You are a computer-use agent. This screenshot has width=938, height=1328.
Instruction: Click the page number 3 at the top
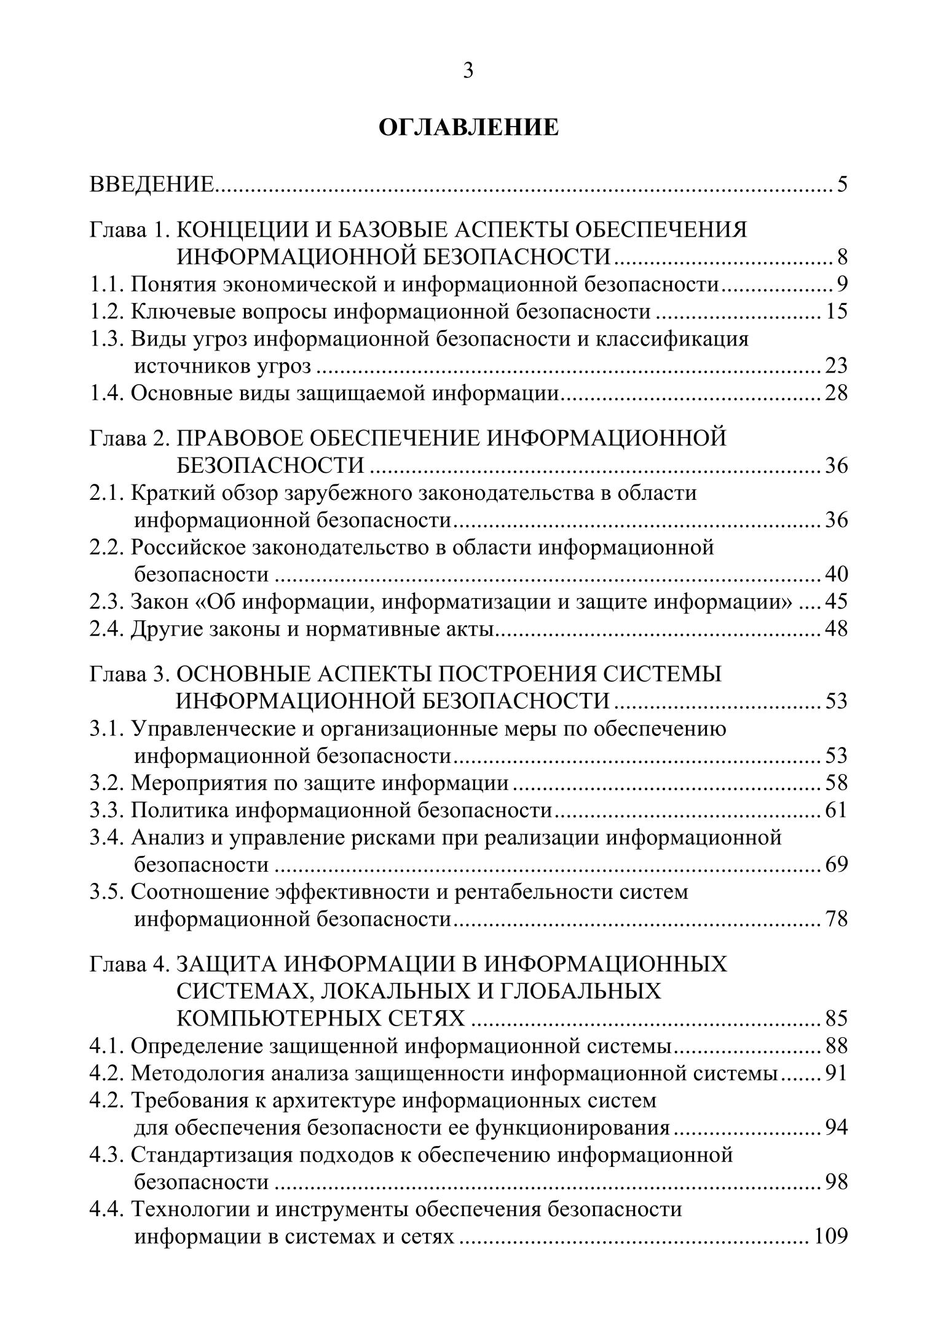pos(468,71)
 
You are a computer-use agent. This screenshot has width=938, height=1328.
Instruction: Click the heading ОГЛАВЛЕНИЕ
pos(468,128)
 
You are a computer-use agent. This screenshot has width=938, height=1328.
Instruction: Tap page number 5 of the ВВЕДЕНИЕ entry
pos(841,184)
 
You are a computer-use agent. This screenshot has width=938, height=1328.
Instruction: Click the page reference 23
pos(836,366)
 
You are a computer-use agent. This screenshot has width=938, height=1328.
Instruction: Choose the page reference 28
pos(836,393)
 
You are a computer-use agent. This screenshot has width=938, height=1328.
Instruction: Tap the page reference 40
pos(836,574)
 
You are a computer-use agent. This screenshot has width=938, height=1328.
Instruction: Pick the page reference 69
pos(836,864)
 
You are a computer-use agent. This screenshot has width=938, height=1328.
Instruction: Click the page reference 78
pos(836,919)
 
